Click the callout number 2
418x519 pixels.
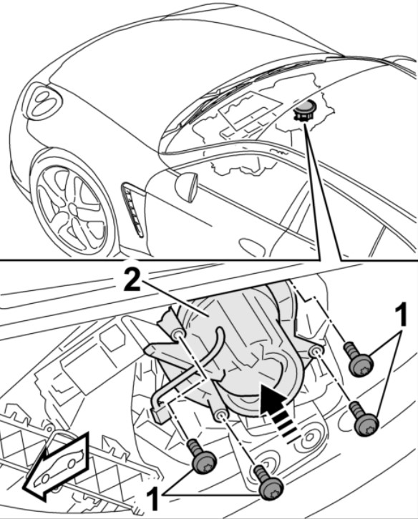[x=132, y=280]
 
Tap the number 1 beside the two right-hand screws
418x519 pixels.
[x=401, y=315]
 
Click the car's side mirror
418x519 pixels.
[x=187, y=187]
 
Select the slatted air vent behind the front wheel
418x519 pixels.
[x=132, y=209]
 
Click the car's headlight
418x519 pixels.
[x=44, y=102]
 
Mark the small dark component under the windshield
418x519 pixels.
[x=304, y=111]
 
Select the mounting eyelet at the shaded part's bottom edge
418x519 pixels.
[x=220, y=415]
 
